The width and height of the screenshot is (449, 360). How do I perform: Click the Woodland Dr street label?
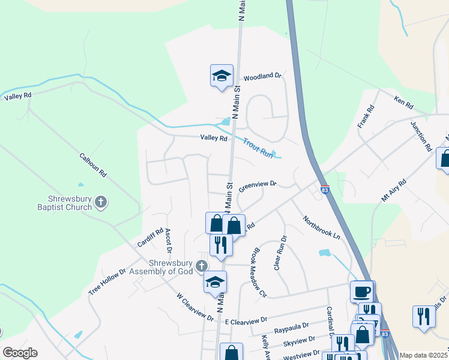pos(262,76)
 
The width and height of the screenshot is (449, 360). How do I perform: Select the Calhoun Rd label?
pos(93,164)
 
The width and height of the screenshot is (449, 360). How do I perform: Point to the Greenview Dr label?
pos(257,186)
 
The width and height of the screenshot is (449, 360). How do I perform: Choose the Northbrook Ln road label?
pos(321,228)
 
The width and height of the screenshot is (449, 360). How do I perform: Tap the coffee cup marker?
pos(361,291)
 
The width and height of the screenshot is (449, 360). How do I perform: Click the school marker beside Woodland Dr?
pos(221,76)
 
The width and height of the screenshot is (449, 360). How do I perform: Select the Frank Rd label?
pos(366,116)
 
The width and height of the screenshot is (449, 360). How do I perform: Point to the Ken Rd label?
pos(403,102)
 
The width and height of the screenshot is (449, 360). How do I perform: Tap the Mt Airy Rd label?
pos(394,189)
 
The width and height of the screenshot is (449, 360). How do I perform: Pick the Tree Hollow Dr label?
pos(107,281)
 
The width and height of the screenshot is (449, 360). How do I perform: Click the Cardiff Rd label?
pos(150,238)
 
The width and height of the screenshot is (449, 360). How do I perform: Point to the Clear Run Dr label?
pos(280,252)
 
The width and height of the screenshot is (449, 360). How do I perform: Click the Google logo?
pos(20,353)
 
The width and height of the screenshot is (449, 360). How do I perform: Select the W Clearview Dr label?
pos(195,307)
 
